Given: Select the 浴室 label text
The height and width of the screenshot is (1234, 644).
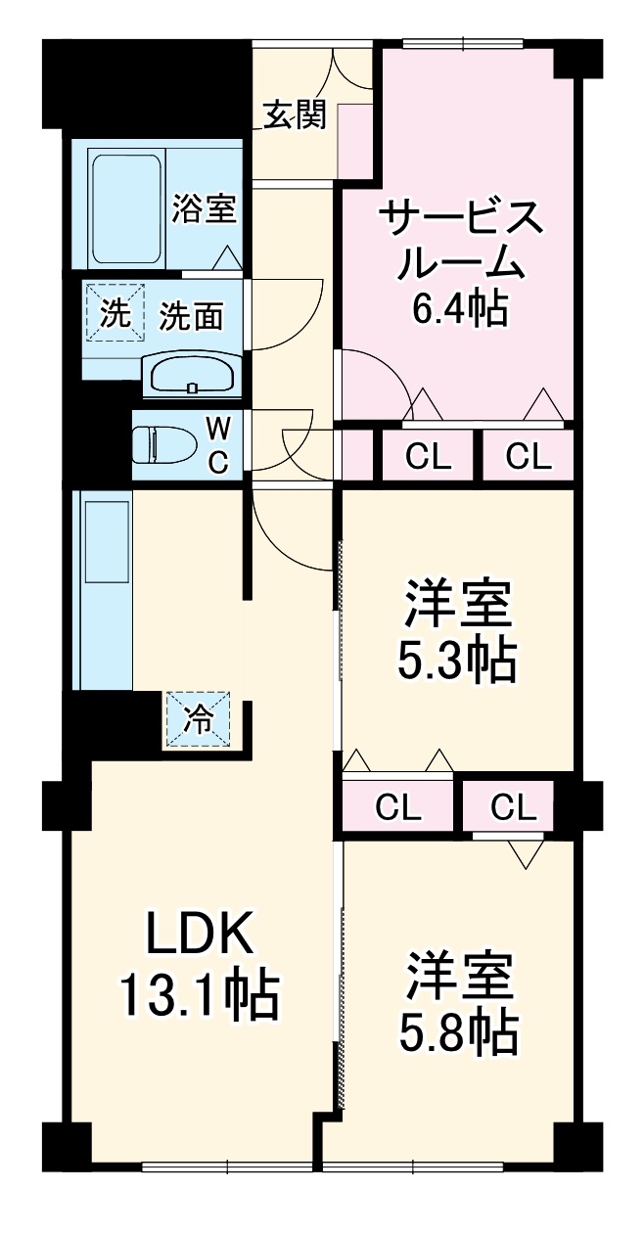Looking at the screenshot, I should tap(204, 208).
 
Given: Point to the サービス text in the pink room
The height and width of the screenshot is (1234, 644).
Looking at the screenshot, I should tap(459, 216).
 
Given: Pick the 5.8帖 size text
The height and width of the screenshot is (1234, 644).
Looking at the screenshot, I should tap(457, 1029).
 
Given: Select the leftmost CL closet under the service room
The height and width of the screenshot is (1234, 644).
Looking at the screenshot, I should tap(428, 456).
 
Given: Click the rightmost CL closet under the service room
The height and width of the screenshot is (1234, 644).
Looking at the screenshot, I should tap(529, 456).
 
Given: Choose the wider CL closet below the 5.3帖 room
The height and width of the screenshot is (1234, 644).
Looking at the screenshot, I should tap(398, 808).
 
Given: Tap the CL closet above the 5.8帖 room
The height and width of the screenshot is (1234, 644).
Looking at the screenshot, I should tap(514, 807).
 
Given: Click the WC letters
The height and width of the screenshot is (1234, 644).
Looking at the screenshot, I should tap(219, 444).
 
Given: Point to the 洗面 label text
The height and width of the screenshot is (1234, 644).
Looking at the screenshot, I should tap(192, 315).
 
